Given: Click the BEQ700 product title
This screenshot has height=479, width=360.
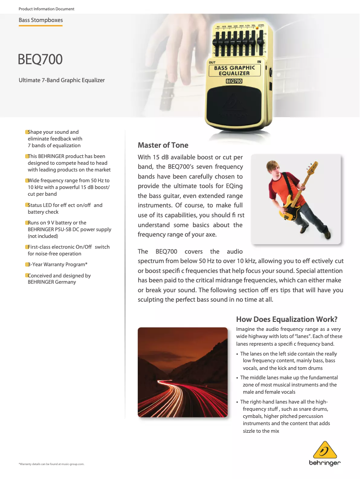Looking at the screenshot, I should tap(40, 59).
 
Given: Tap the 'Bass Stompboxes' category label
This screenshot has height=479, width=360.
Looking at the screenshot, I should tap(40, 20).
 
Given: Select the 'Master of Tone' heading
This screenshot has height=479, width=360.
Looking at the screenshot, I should tap(163, 145).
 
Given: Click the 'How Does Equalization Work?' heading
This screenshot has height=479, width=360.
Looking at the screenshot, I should tap(286, 319).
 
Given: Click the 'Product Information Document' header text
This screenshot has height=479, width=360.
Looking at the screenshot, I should tap(46, 9).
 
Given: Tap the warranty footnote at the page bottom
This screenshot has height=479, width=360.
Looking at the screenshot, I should tap(52, 464).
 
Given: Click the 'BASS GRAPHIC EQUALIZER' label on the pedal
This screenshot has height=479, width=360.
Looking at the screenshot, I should tap(234, 70).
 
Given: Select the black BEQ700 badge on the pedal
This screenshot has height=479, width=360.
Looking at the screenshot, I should tap(234, 81).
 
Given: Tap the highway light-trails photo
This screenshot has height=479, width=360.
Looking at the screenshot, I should tap(182, 372).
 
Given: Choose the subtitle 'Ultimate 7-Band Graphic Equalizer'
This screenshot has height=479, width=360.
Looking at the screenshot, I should tap(61, 80).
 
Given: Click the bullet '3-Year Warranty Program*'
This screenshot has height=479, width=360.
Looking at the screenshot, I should tap(57, 264).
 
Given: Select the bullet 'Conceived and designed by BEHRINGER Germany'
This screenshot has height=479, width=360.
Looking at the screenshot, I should tap(59, 279).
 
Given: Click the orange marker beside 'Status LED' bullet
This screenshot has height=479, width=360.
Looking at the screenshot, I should tap(26, 205).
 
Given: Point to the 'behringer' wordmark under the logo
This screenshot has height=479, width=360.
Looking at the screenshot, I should tap(324, 463).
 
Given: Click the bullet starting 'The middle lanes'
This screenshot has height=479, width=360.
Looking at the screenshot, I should tap(289, 385).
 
